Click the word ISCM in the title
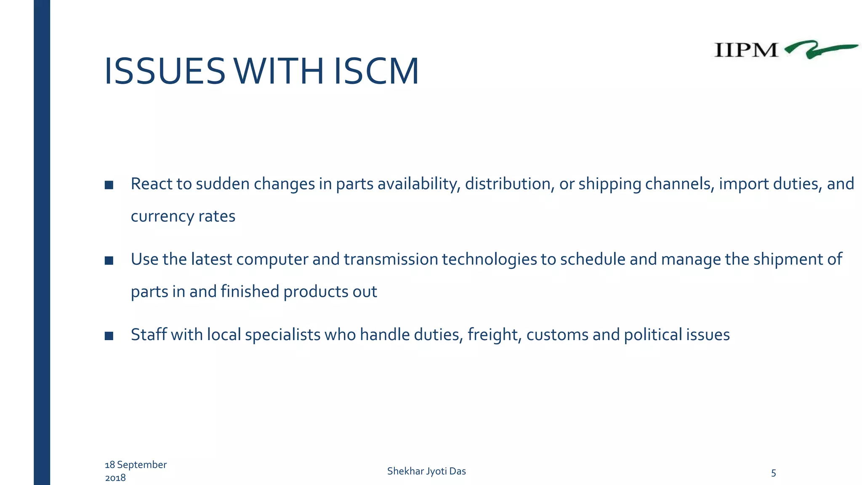pyautogui.click(x=376, y=72)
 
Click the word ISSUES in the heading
pyautogui.click(x=165, y=72)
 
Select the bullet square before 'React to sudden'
pyautogui.click(x=109, y=185)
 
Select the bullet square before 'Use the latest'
pyautogui.click(x=109, y=261)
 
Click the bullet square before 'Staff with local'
pyautogui.click(x=109, y=336)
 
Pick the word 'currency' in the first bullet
pyautogui.click(x=162, y=216)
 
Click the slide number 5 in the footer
pyautogui.click(x=773, y=473)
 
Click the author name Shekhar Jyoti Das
pyautogui.click(x=426, y=471)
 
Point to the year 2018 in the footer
pyautogui.click(x=115, y=478)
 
